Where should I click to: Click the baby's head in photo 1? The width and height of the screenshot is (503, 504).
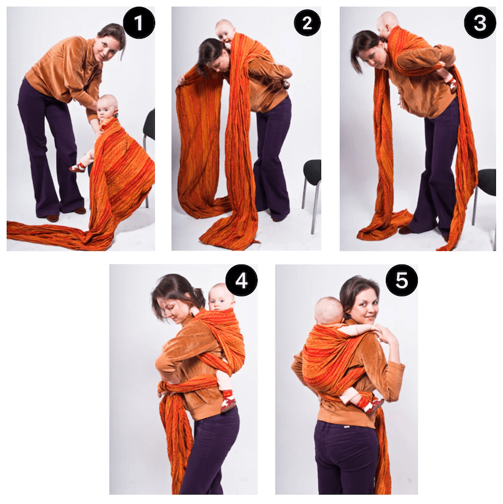tap(108, 104)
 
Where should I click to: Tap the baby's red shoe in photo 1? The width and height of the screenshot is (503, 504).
tap(78, 166)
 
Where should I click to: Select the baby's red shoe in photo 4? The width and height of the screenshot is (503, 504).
tap(228, 402)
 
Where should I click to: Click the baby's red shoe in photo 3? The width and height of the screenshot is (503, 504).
tap(452, 82)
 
